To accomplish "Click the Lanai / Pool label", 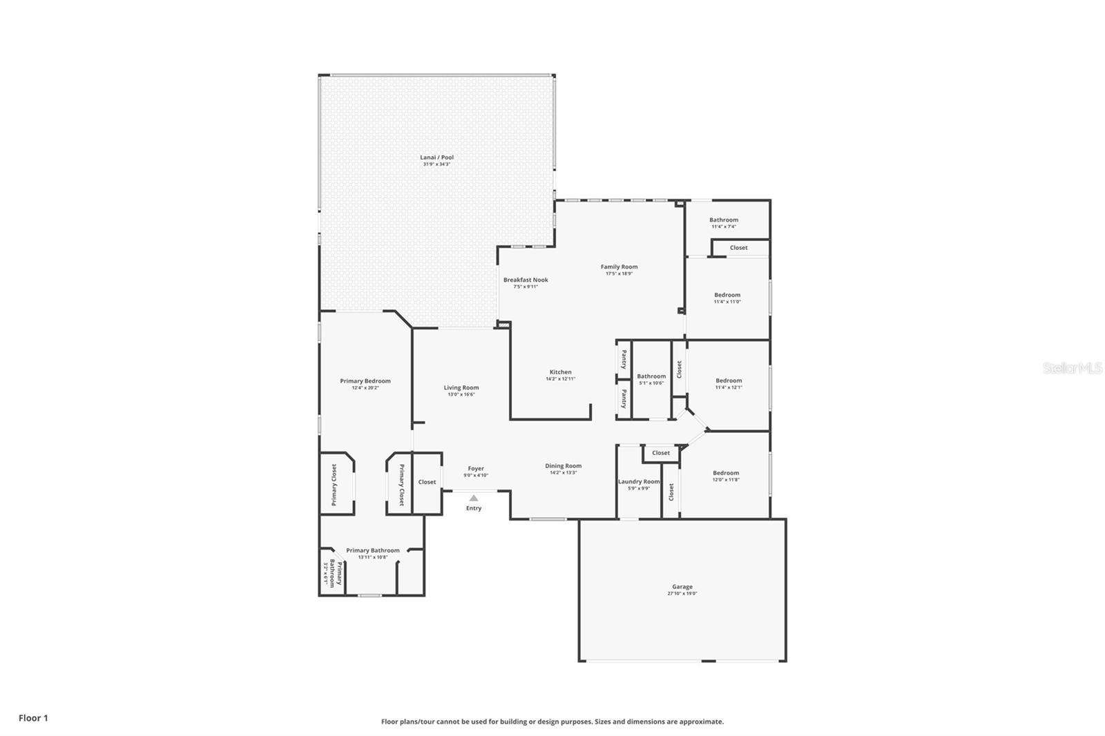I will pyautogui.click(x=436, y=157).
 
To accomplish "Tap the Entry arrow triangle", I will pyautogui.click(x=474, y=498).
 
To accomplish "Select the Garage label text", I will pyautogui.click(x=682, y=587).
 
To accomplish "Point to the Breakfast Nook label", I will pyautogui.click(x=526, y=280).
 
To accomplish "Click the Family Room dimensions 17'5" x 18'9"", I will pyautogui.click(x=619, y=273).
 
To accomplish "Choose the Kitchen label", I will pyautogui.click(x=560, y=372).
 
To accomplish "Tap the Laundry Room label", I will pyautogui.click(x=639, y=481).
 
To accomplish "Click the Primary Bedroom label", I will pyautogui.click(x=365, y=381).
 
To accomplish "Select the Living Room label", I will pyautogui.click(x=461, y=388).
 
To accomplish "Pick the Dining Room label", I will pyautogui.click(x=563, y=466).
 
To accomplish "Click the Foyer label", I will pyautogui.click(x=476, y=469).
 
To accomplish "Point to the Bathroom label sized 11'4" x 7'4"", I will pyautogui.click(x=724, y=220).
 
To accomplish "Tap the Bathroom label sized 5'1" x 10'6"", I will pyautogui.click(x=651, y=377).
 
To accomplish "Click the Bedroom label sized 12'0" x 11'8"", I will pyautogui.click(x=726, y=473).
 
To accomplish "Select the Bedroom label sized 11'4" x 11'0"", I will pyautogui.click(x=727, y=295).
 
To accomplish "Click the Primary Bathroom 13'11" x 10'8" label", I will pyautogui.click(x=372, y=551).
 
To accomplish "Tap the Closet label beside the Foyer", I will pyautogui.click(x=427, y=482).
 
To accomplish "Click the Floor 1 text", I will pyautogui.click(x=33, y=718).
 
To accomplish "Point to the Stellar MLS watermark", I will pyautogui.click(x=1072, y=369).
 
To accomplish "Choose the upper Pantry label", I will pyautogui.click(x=624, y=359).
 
